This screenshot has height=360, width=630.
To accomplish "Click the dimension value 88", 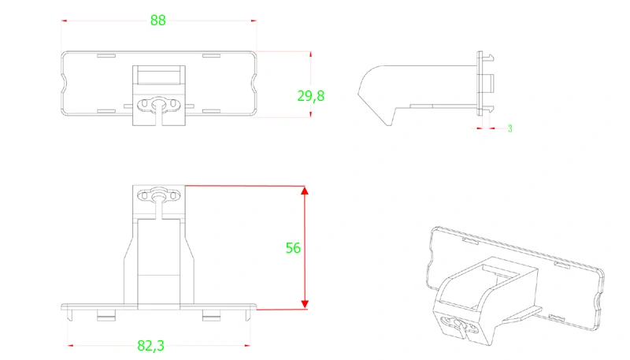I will tap(158, 20).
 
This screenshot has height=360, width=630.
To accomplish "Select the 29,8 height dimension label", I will tap(310, 96).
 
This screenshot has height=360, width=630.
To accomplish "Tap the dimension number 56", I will tap(293, 247).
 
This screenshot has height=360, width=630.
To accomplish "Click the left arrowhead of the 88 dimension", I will tap(64, 21).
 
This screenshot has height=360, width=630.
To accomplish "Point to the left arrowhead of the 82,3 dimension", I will tap(71, 345).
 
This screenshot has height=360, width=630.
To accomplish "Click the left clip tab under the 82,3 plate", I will tap(106, 316).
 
